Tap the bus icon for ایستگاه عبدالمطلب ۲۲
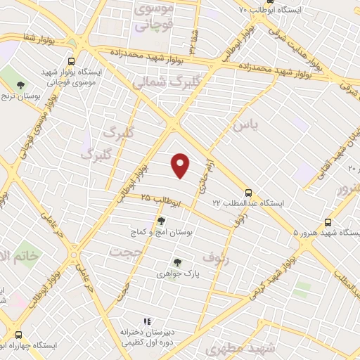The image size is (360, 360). (x=248, y=193)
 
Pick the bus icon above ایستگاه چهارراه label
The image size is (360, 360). (x=18, y=335)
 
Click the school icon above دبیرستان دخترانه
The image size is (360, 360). (x=148, y=322)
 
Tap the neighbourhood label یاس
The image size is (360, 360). (x=245, y=124)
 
